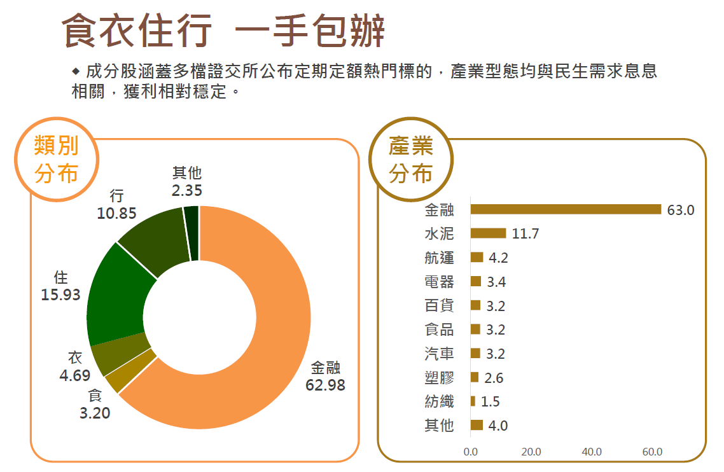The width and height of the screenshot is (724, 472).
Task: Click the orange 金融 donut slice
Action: (x=274, y=331)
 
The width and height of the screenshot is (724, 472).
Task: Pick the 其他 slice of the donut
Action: (x=191, y=233)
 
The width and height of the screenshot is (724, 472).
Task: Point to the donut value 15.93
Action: (x=61, y=295)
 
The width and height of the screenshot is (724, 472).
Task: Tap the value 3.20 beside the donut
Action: (x=95, y=413)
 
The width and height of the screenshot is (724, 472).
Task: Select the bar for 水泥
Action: (x=488, y=233)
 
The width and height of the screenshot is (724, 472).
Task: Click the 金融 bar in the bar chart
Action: (x=566, y=209)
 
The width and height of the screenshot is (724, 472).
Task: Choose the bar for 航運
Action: (x=477, y=257)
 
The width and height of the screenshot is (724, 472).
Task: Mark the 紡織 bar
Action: (x=473, y=401)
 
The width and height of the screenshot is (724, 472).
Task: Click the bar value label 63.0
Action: (x=680, y=210)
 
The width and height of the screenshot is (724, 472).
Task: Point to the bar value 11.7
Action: (x=526, y=234)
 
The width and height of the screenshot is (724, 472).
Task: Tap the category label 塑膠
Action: (x=439, y=378)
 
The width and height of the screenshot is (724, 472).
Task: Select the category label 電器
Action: (x=439, y=282)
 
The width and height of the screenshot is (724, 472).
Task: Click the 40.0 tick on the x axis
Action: (x=592, y=452)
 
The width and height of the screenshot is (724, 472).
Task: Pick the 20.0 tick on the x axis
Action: (x=531, y=452)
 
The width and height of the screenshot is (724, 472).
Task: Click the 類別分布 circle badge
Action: (x=57, y=159)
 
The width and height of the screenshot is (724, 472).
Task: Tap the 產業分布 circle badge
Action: (x=410, y=159)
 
